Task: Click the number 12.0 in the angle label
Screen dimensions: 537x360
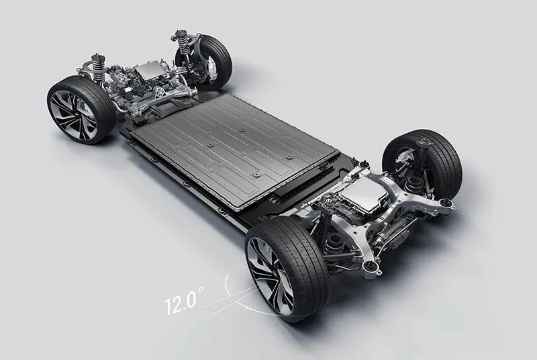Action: pyautogui.click(x=180, y=303)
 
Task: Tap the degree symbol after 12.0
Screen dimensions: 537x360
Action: pyautogui.click(x=200, y=289)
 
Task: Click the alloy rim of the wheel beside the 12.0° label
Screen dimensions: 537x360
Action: pyautogui.click(x=270, y=277)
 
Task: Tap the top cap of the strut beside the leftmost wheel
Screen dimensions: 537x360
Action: pyautogui.click(x=97, y=56)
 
